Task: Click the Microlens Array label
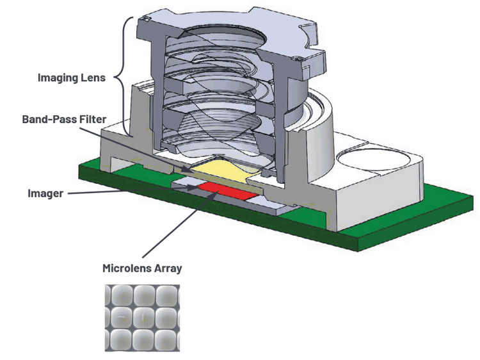tap(142, 268)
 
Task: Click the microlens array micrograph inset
tap(142, 316)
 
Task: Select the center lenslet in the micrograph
tap(142, 316)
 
